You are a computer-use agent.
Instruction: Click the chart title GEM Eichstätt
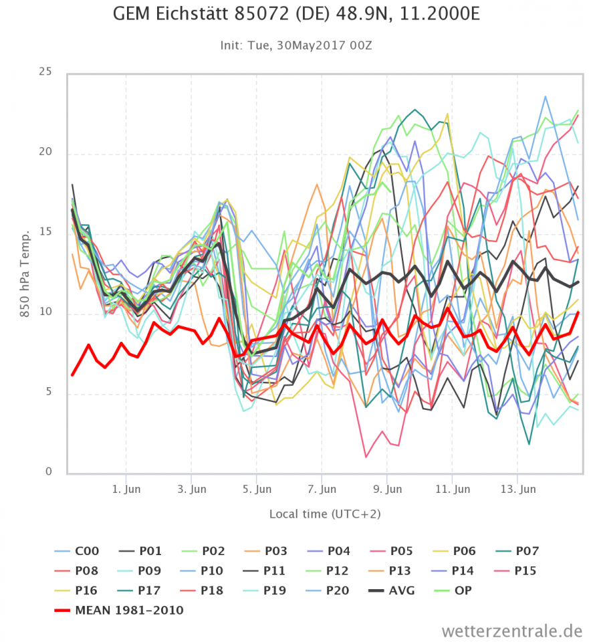tap(295, 15)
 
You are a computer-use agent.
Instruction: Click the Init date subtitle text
tap(296, 45)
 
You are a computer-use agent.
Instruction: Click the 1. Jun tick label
tap(126, 489)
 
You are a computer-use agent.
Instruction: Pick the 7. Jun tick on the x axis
tap(322, 489)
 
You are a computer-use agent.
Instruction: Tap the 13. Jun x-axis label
tap(518, 489)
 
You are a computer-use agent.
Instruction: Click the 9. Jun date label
tap(387, 489)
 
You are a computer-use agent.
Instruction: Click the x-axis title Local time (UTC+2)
tap(325, 514)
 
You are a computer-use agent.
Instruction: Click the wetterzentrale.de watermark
tap(511, 630)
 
